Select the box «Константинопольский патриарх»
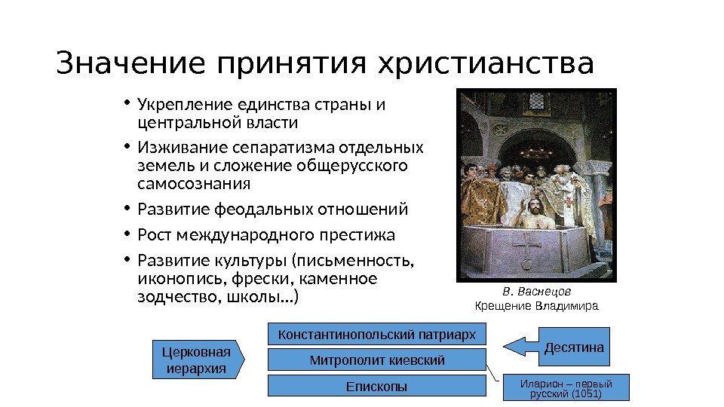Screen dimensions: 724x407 click(377, 334)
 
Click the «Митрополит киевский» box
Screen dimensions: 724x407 click(377, 360)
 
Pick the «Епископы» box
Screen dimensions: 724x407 click(377, 386)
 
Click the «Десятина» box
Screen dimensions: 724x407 click(575, 347)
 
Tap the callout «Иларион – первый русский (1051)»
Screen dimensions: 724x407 click(566, 388)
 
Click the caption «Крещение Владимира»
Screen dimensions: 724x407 click(535, 306)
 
